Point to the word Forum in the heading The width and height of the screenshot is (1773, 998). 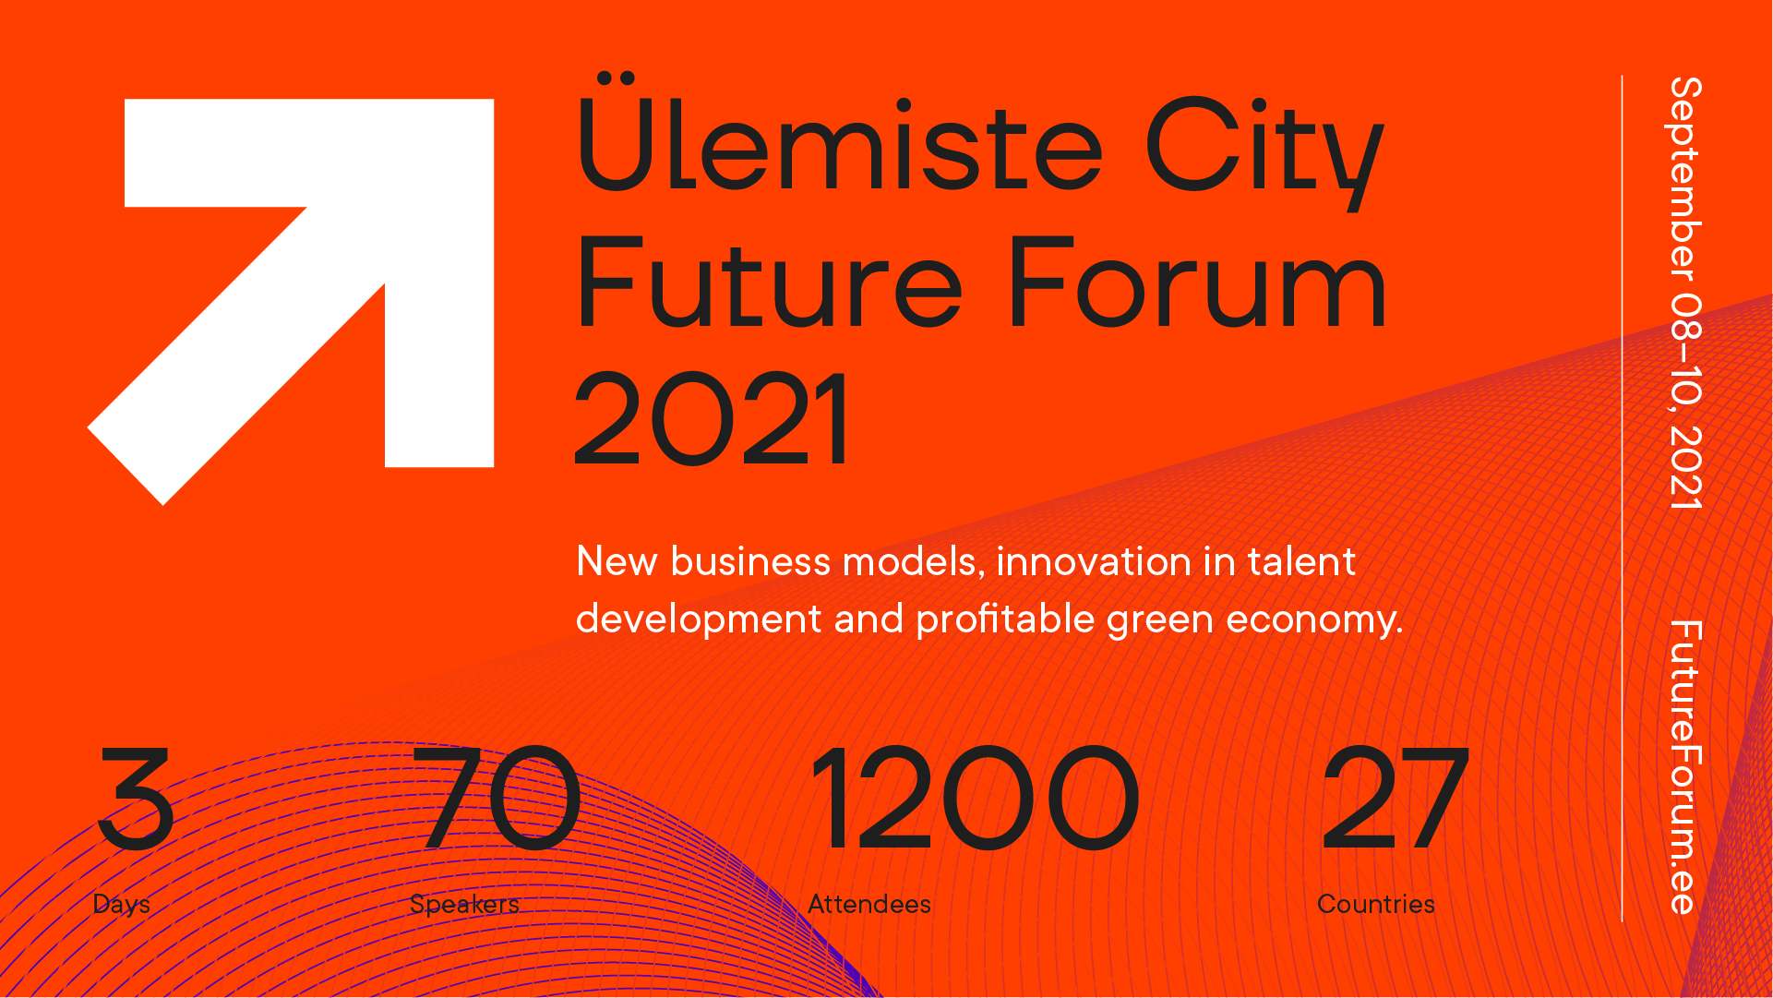pyautogui.click(x=1198, y=282)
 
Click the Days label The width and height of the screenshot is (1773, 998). pyautogui.click(x=121, y=904)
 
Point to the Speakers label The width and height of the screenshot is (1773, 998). pyautogui.click(x=464, y=904)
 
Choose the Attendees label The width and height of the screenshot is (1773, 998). pyautogui.click(x=869, y=904)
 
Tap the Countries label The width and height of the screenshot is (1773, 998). pyautogui.click(x=1376, y=904)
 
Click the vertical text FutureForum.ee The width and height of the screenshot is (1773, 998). pyautogui.click(x=1684, y=767)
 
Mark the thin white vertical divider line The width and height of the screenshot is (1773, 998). pyautogui.click(x=1622, y=499)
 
